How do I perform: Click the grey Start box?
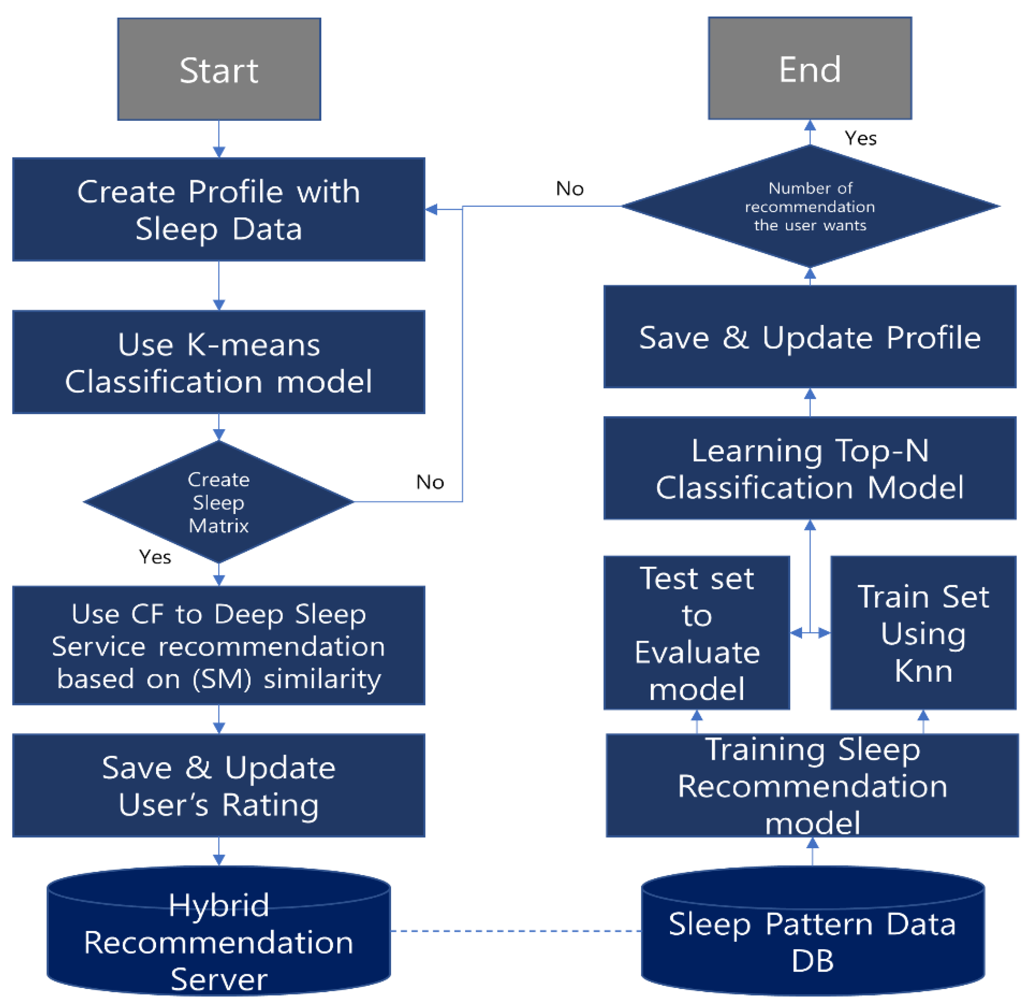[x=219, y=69]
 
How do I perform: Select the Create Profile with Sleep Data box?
[x=219, y=209]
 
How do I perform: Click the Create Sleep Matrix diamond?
[x=219, y=501]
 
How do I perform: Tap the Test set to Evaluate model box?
[x=697, y=632]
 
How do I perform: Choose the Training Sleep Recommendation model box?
[x=812, y=785]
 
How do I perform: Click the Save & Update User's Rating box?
[x=219, y=785]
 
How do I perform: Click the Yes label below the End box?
[x=860, y=138]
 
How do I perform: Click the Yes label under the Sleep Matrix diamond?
[x=155, y=557]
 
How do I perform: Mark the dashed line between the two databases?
[x=516, y=930]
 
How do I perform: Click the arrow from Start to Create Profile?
[x=219, y=139]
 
